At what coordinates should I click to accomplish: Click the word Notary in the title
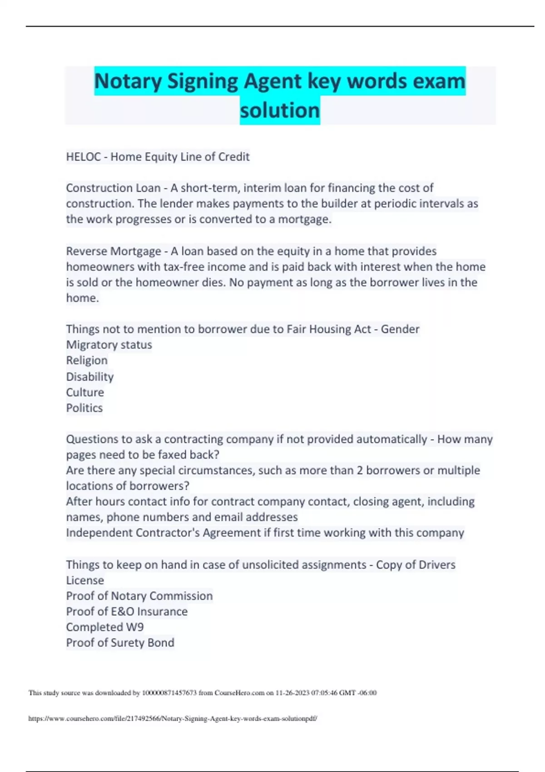128,82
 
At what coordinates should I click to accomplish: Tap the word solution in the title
280,110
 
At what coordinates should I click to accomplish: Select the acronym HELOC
84,157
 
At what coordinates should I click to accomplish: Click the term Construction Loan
113,188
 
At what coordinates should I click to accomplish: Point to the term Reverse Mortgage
114,251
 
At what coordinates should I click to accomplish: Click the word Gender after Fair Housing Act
400,329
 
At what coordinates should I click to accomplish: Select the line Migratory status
109,345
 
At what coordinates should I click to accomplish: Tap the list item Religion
87,361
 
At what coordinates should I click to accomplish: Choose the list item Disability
90,377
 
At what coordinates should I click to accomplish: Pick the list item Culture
85,392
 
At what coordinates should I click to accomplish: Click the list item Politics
84,408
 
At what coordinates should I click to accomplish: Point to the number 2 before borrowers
360,470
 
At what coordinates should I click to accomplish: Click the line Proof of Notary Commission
139,596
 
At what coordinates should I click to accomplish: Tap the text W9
135,628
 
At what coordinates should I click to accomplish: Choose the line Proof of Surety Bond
120,643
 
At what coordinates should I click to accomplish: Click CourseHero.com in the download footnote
239,693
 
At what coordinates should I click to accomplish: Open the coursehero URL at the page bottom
173,719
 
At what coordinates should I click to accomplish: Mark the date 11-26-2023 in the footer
292,693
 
